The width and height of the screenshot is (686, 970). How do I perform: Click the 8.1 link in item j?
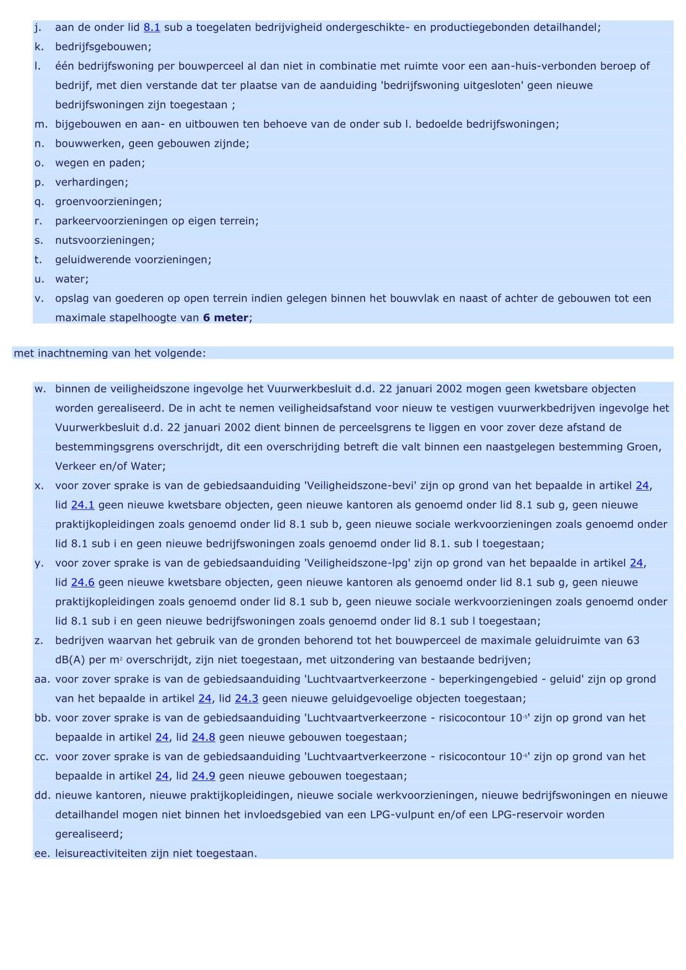click(152, 27)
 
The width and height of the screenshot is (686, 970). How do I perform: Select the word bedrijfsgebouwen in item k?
click(103, 47)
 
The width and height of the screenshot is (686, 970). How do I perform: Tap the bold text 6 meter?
click(225, 318)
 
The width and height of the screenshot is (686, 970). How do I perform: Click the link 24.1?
click(83, 505)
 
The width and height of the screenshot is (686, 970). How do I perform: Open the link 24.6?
click(83, 583)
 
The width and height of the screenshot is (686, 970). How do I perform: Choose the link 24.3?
click(246, 699)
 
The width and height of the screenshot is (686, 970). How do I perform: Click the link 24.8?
click(203, 738)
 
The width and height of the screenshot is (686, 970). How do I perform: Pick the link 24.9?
click(203, 776)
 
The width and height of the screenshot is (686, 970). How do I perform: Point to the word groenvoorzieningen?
click(108, 202)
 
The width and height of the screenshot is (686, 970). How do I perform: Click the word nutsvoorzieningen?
click(104, 241)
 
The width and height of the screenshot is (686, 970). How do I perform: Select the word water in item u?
click(71, 280)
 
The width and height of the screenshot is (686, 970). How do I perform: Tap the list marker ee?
click(42, 854)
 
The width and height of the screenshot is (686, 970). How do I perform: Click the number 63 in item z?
click(633, 641)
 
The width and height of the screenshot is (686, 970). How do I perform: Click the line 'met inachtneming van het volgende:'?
click(110, 353)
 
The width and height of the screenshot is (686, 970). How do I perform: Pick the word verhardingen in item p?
click(91, 182)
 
